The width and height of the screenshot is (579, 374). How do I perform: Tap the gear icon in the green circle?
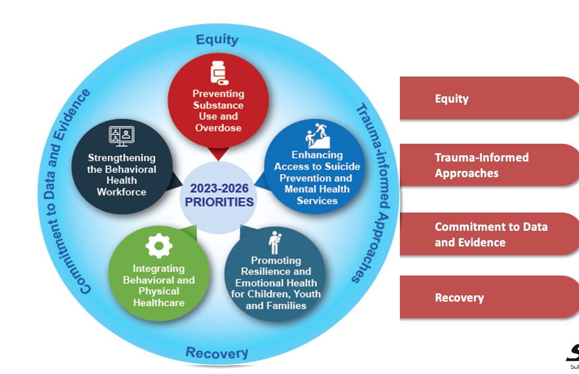[x=159, y=245]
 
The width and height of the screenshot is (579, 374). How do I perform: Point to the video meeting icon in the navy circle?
[x=121, y=136]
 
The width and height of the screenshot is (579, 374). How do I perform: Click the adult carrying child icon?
[x=274, y=243]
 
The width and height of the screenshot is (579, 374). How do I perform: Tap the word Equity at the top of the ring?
[x=217, y=40]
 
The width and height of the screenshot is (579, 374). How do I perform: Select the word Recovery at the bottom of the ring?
[x=217, y=353]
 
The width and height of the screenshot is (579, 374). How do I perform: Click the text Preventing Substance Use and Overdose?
[x=218, y=110]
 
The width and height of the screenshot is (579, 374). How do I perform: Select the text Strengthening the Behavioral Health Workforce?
[x=121, y=175]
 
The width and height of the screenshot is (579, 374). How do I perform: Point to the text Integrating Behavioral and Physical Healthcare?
[x=159, y=285]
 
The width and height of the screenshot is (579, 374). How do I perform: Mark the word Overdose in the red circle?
[x=218, y=128]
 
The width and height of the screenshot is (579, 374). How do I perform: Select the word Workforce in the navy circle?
[x=121, y=192]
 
